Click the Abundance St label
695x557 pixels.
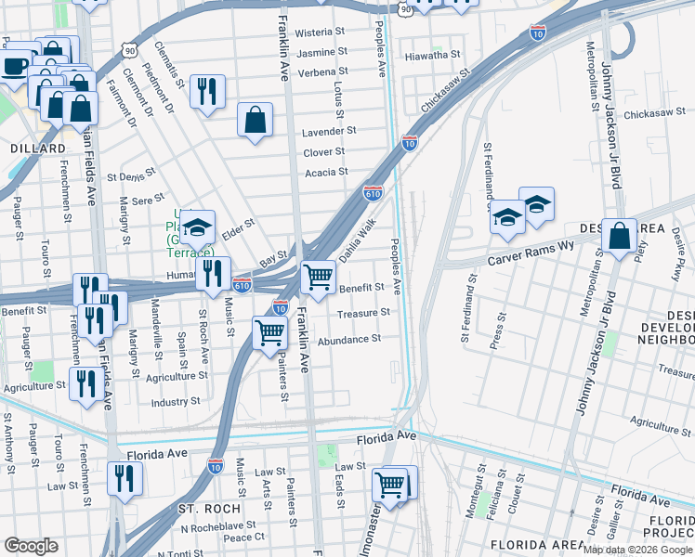349,340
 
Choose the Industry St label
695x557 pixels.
176,402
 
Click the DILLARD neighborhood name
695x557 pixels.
38,149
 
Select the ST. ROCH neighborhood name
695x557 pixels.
209,509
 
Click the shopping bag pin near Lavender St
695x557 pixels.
255,120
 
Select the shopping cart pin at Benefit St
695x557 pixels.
319,276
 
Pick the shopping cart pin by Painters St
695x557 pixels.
270,330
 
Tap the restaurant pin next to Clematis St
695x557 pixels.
206,90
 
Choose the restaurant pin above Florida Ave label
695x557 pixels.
122,477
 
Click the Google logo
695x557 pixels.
31,545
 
